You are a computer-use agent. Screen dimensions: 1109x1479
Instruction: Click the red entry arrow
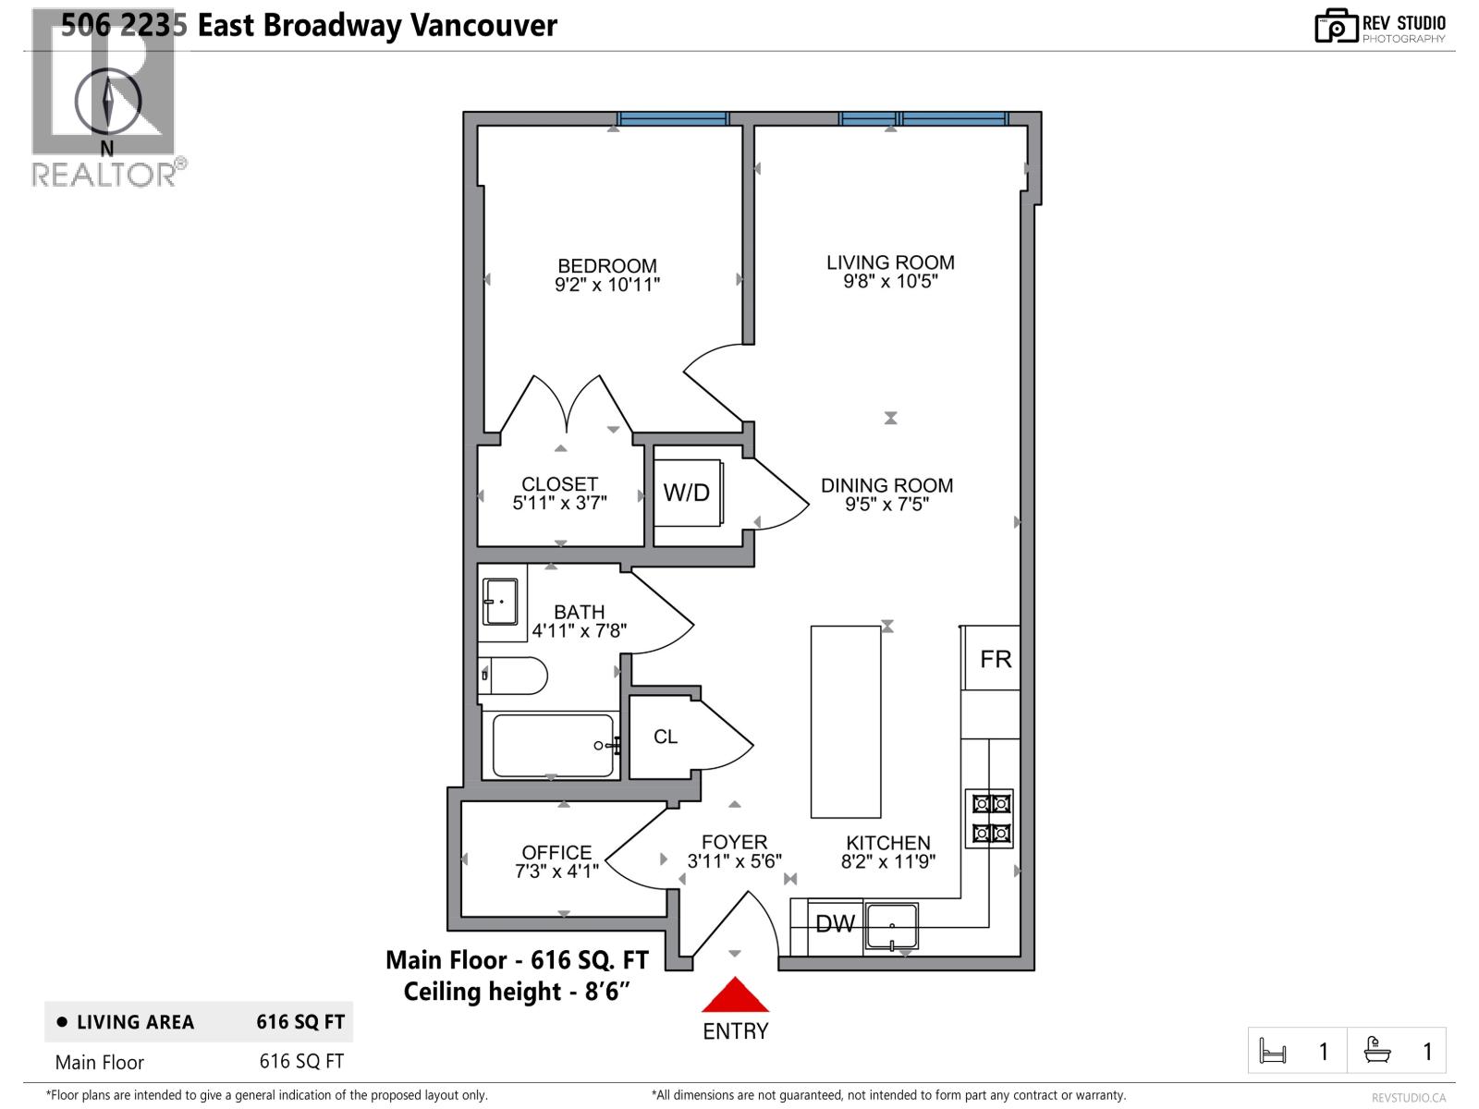point(735,996)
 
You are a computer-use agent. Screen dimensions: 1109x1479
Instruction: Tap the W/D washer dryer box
point(687,493)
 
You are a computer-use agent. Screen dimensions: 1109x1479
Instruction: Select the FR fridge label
point(996,659)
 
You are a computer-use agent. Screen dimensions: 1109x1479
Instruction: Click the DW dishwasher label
point(835,923)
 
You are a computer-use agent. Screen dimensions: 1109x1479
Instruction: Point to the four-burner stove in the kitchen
point(989,818)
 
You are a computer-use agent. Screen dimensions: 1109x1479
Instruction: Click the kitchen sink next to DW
point(892,926)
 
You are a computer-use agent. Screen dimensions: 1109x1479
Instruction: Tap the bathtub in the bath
point(552,745)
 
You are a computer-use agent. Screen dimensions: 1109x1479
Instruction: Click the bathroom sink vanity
point(501,603)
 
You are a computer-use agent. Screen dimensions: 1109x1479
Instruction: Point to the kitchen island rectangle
point(846,722)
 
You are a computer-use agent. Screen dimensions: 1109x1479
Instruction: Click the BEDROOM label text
point(607,266)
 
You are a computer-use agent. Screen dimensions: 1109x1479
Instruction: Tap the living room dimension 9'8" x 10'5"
point(890,281)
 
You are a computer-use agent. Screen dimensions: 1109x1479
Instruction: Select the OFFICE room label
point(556,852)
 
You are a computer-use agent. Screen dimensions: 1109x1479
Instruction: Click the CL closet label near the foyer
point(666,737)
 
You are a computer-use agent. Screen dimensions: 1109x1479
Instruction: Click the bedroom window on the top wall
point(673,118)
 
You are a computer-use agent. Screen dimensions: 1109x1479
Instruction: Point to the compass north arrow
point(108,102)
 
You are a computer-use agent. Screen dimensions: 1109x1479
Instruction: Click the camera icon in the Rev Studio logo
point(1336,27)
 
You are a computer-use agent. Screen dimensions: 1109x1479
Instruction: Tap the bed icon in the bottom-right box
point(1273,1051)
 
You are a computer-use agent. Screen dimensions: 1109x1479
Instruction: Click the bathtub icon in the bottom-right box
point(1377,1051)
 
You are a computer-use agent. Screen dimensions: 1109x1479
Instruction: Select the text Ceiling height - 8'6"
point(517,992)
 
